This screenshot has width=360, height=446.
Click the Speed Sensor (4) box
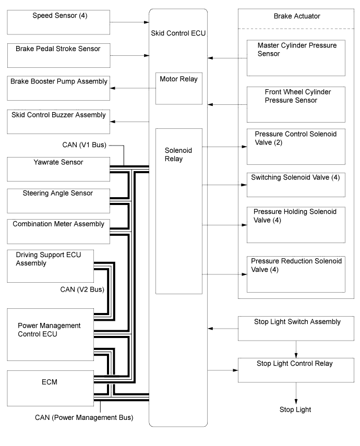coord(58,22)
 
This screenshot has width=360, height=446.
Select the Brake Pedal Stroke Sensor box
coord(58,55)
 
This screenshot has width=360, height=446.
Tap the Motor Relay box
coord(179,89)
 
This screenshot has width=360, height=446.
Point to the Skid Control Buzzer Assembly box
coord(58,122)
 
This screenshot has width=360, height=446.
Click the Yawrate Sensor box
coord(58,169)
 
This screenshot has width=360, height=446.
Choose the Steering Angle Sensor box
coord(58,201)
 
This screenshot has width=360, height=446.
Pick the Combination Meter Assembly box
coord(58,232)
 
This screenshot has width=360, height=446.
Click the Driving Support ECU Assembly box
coord(51,266)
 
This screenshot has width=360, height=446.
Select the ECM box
coord(51,388)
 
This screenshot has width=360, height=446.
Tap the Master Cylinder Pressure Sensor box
coord(296,58)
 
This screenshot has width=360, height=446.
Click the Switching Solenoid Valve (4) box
coord(296,185)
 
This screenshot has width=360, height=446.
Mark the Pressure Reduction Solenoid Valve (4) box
coord(296,274)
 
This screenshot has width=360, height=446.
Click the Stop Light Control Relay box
coord(296,370)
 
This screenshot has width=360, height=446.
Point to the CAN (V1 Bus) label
coord(84,145)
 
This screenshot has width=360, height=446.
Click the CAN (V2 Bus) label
coord(82,290)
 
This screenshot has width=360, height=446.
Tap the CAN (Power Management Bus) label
coord(84,417)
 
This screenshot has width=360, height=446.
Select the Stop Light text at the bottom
coord(295,409)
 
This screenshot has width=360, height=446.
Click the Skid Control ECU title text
coord(178,33)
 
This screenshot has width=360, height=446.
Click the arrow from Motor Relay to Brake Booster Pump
coord(133,88)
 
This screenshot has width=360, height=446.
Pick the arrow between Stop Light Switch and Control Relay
coord(296,349)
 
